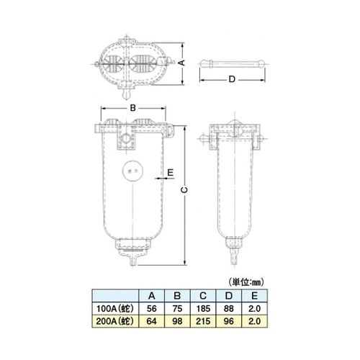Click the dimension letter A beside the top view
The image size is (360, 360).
pos(182,63)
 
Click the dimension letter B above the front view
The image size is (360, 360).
pos(132,108)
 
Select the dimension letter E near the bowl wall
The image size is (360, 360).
pos(171,172)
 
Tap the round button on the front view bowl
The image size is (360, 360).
pos(132,171)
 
